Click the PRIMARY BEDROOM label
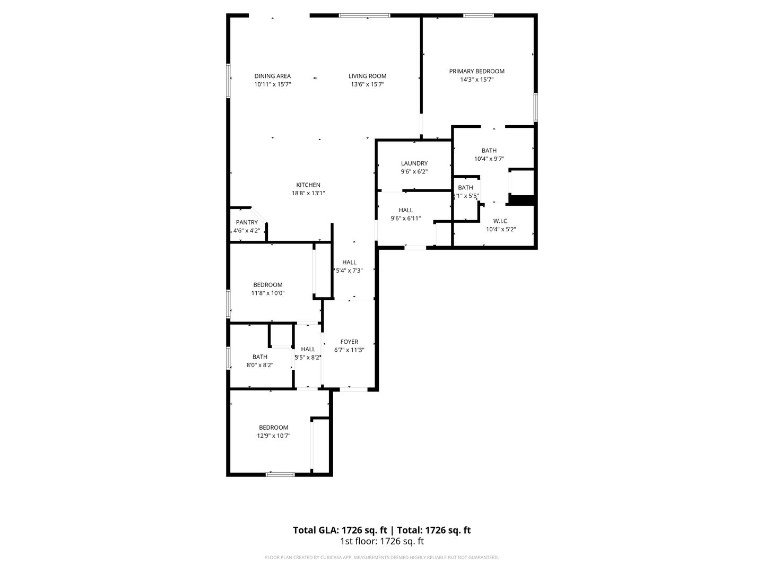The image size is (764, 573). [x=476, y=71]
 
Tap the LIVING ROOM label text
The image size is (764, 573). [x=367, y=76]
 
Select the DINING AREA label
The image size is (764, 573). [x=272, y=76]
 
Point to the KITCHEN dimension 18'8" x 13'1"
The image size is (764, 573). [x=308, y=193]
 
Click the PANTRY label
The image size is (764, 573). [x=247, y=222]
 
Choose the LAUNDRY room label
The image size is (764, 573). [x=414, y=163]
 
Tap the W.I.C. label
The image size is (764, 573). [x=501, y=221]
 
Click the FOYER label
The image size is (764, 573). [x=349, y=342]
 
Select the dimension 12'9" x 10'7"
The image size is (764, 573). [x=274, y=436]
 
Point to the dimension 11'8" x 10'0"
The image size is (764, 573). [x=268, y=293]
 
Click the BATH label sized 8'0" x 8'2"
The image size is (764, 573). [x=260, y=357]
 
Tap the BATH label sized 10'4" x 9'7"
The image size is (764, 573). [x=489, y=151]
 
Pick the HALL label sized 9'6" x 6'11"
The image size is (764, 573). [x=406, y=210]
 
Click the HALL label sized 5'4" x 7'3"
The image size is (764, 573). [x=349, y=262]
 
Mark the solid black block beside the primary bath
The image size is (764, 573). [x=521, y=199]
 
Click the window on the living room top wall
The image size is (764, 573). [x=364, y=15]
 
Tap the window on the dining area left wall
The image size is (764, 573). [x=229, y=81]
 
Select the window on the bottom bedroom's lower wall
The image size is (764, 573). [x=280, y=474]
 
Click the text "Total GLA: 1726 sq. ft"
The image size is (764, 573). [x=341, y=530]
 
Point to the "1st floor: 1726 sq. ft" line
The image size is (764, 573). [x=381, y=542]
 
